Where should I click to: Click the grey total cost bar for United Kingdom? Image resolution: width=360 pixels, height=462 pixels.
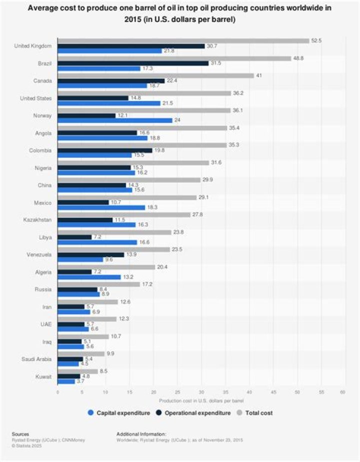pyautogui.click(x=183, y=40)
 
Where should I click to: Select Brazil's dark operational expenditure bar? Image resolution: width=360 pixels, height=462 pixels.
pyautogui.click(x=133, y=63)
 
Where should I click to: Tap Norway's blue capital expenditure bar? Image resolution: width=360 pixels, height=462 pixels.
pyautogui.click(x=115, y=120)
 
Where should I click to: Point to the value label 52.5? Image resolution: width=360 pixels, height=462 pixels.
pyautogui.click(x=317, y=40)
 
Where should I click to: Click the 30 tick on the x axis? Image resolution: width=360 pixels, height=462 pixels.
pyautogui.click(x=201, y=392)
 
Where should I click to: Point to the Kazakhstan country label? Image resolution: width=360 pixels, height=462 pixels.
pyautogui.click(x=38, y=219)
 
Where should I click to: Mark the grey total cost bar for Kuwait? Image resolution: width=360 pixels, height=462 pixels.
pyautogui.click(x=78, y=371)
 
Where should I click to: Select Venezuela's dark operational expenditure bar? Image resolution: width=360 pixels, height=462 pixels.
pyautogui.click(x=91, y=255)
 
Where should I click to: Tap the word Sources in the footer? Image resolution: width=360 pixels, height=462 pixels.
pyautogui.click(x=20, y=434)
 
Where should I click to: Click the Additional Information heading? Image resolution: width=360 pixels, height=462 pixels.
pyautogui.click(x=141, y=434)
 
